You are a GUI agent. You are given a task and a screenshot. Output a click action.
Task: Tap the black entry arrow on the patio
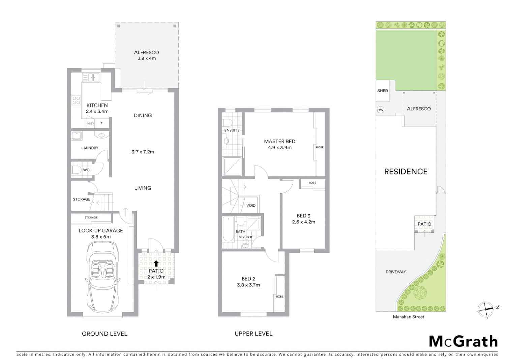click(x=156, y=263)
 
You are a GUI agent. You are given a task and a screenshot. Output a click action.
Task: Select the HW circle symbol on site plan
click(x=381, y=110)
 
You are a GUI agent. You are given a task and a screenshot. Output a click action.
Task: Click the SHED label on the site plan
click(x=383, y=91)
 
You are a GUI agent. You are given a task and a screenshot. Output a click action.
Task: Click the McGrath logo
click(x=463, y=341)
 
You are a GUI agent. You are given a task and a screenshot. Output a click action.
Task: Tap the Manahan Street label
click(x=408, y=317)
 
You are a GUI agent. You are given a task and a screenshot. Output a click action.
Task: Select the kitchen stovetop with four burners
click(x=77, y=100)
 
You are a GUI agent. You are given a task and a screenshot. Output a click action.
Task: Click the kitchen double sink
click(x=91, y=78)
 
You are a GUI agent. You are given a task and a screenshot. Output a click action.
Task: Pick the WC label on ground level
click(x=86, y=170)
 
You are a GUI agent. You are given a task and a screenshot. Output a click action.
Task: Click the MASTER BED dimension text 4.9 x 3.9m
click(x=279, y=147)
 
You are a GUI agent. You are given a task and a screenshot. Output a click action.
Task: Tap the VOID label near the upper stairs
click(x=251, y=205)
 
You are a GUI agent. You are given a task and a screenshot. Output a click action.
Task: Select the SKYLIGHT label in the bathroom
click(x=246, y=237)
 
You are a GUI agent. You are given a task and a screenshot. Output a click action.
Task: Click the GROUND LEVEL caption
click(x=104, y=334)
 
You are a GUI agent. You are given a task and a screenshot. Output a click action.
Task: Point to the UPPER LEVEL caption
click(x=253, y=334)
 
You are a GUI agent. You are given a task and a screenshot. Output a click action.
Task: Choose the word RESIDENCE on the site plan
click(x=406, y=172)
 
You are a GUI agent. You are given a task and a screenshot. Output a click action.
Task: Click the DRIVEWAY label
click(x=396, y=272)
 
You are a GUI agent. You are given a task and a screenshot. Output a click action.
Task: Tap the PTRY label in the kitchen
click(x=90, y=124)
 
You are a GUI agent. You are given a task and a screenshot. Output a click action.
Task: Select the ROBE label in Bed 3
click(x=312, y=183)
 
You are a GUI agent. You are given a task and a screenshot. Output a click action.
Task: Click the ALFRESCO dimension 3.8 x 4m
click(x=146, y=58)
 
